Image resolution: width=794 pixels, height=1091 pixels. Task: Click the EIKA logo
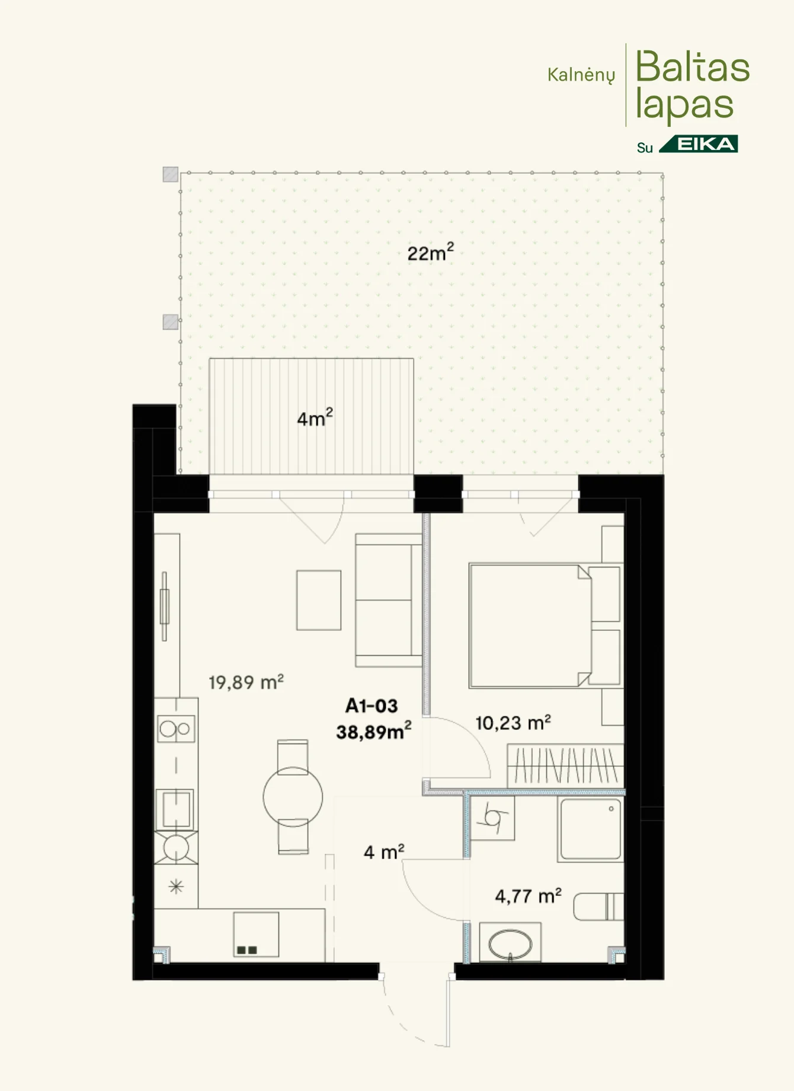click(x=699, y=144)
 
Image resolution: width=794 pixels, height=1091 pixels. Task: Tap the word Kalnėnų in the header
click(x=581, y=75)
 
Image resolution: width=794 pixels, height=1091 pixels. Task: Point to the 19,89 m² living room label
click(x=246, y=682)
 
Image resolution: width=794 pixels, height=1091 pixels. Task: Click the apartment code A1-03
click(x=372, y=706)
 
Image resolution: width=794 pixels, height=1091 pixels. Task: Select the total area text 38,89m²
click(x=374, y=732)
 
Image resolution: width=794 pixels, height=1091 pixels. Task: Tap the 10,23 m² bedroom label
click(x=513, y=723)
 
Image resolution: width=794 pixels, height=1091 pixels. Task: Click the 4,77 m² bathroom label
click(x=529, y=895)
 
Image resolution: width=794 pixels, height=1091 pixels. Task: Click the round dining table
click(x=293, y=797)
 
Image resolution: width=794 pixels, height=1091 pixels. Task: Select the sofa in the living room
click(x=389, y=600)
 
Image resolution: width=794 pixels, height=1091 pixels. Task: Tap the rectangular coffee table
click(x=319, y=600)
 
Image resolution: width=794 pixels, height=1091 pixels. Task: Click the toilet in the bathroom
click(x=598, y=907)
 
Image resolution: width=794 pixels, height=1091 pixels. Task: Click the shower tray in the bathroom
click(x=590, y=830)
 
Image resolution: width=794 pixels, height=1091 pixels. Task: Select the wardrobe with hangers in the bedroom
click(x=566, y=765)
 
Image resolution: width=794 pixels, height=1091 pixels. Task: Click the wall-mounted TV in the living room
click(x=164, y=606)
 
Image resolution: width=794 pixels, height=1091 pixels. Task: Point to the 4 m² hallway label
click(x=384, y=852)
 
